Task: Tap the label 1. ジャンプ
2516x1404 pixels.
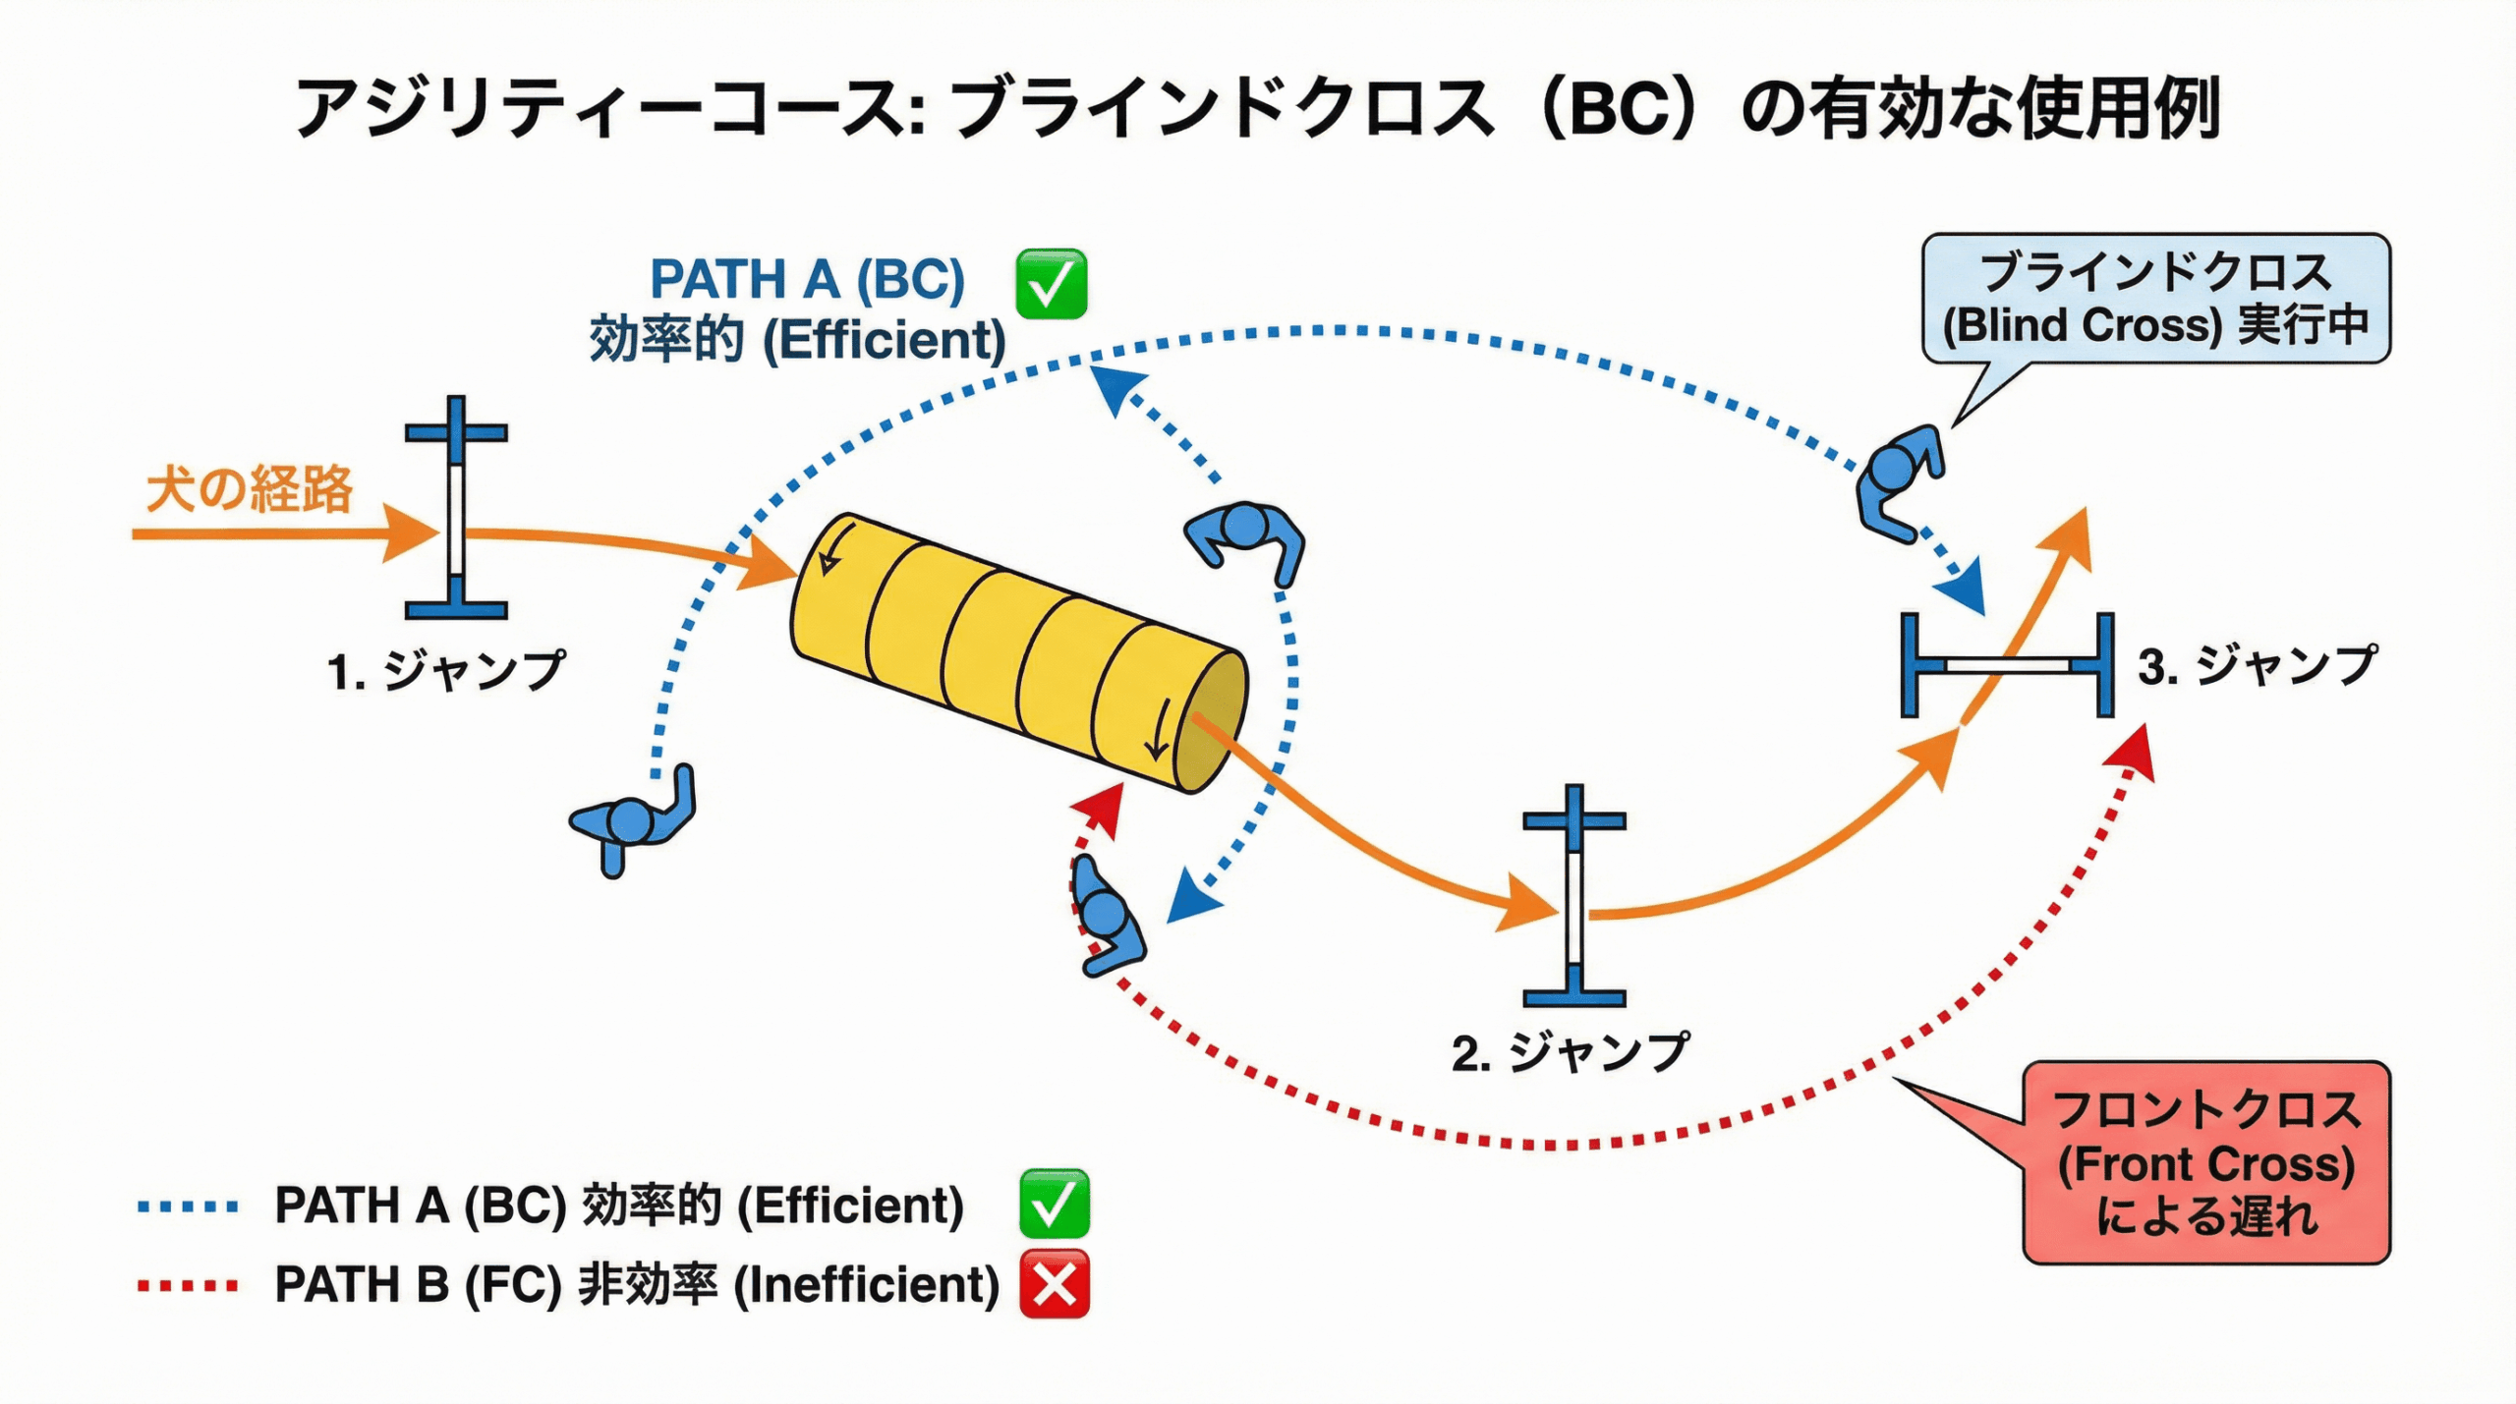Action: point(445,671)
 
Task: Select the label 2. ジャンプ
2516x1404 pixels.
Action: point(1570,1052)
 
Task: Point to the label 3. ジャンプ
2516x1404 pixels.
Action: point(2257,666)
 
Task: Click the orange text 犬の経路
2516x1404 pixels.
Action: point(250,488)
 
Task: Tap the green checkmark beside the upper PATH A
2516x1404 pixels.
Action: point(1051,284)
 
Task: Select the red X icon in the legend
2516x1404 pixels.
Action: point(1055,1283)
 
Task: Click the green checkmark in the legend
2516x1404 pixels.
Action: point(1054,1204)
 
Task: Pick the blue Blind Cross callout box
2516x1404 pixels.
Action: point(2155,299)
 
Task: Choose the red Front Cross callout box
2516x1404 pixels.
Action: point(2205,1162)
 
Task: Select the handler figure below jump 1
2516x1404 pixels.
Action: point(634,819)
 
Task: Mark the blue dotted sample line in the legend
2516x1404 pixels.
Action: point(188,1207)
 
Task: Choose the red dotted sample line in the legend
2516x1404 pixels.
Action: point(188,1285)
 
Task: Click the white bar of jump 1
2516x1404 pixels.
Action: point(456,519)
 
